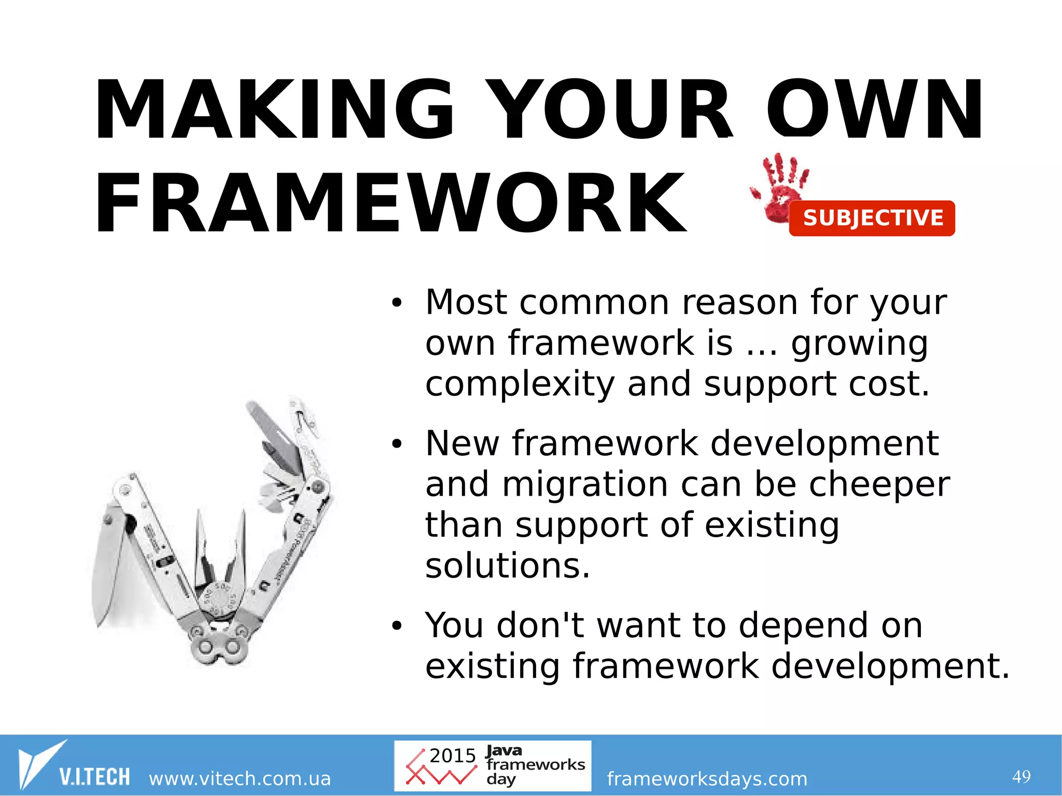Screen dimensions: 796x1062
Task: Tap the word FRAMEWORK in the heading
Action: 390,204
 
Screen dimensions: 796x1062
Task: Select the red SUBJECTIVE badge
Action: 872,218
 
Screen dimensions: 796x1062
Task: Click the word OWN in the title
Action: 874,110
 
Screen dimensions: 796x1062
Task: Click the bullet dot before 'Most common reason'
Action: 397,303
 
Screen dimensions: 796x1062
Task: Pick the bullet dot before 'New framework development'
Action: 397,444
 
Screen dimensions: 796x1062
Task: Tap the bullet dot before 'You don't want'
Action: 397,626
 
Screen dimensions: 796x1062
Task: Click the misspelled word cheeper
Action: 879,484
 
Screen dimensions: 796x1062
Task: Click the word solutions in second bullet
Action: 507,565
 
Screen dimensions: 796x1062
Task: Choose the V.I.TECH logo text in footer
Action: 94,777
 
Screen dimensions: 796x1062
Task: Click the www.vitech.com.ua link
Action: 240,778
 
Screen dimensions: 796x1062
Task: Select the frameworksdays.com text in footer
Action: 707,778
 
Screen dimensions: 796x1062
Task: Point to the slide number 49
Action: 1021,776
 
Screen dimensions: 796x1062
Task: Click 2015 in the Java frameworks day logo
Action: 452,756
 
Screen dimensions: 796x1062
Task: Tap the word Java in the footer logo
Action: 504,750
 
